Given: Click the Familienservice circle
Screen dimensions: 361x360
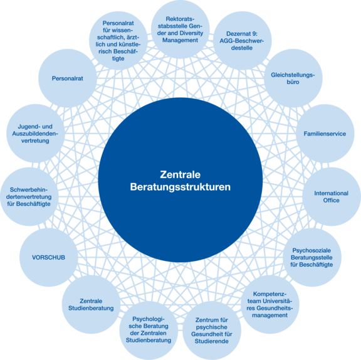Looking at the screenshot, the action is coord(325,134).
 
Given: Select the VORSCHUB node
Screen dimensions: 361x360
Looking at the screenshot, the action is coord(49,257).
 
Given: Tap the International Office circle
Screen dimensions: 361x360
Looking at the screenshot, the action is coord(332,196).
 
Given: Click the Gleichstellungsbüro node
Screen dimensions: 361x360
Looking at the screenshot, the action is coord(293,78).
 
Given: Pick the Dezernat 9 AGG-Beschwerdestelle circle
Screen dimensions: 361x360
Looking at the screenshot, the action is coord(242,41).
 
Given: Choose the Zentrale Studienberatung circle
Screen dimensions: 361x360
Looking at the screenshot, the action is coord(91,304).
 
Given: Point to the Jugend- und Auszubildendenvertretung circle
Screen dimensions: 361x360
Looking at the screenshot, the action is coord(35,134).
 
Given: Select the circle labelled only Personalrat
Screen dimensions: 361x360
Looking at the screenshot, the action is coord(68,78).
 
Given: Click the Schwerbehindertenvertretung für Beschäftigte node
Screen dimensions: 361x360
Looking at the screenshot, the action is coord(29,196).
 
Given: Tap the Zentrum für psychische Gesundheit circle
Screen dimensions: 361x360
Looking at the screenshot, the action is coord(212,331).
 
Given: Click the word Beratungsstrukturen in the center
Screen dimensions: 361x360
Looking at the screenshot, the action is coord(180,187).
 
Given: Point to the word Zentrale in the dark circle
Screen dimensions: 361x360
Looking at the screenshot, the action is coord(180,174).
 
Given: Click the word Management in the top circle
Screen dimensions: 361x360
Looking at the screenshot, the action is coord(180,40).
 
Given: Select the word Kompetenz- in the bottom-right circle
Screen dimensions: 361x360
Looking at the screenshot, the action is coord(269,294).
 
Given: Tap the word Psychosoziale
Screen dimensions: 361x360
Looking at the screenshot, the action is coord(311,250).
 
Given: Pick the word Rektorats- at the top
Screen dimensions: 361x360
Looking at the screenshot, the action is coord(180,19).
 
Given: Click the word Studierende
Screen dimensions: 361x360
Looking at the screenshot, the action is coord(212,341).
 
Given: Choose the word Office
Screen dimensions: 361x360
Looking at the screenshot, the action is coord(332,200).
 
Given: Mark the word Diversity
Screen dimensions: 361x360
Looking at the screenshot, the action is coord(192,33).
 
